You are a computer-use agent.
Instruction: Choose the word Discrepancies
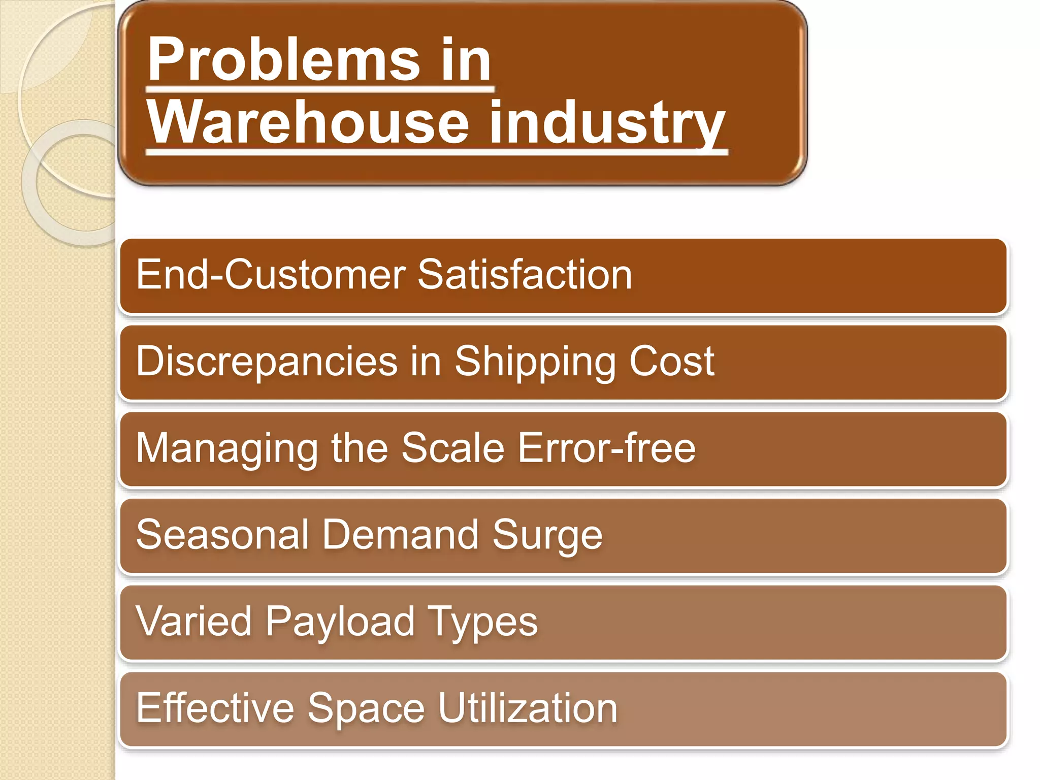tap(267, 362)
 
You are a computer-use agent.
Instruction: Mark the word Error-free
tap(606, 448)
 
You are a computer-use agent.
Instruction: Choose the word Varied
tap(193, 621)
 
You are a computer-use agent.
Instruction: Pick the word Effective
tap(215, 708)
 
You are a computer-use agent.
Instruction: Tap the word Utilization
tap(528, 708)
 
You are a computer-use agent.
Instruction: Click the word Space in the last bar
tap(366, 709)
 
